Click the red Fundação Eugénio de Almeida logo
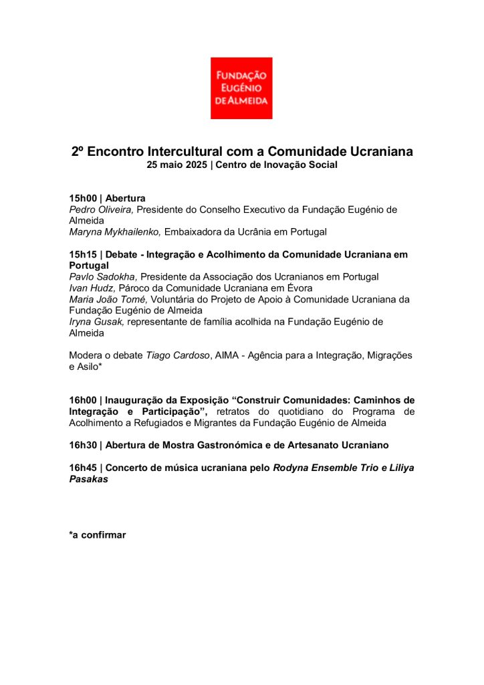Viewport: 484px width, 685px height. [241, 88]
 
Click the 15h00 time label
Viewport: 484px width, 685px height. [84, 199]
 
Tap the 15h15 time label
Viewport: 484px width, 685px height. [84, 255]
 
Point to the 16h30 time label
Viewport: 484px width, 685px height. [84, 445]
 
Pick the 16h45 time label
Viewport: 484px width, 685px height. [84, 468]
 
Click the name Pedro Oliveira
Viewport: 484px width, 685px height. [101, 209]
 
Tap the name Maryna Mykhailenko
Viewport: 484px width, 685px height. [115, 232]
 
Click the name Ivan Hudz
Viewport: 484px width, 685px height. [92, 288]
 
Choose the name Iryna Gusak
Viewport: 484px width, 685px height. [96, 322]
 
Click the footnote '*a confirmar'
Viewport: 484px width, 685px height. [98, 535]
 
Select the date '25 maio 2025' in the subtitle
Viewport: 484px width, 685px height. [177, 165]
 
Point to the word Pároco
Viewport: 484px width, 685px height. [134, 288]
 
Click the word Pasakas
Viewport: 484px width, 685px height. [90, 480]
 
